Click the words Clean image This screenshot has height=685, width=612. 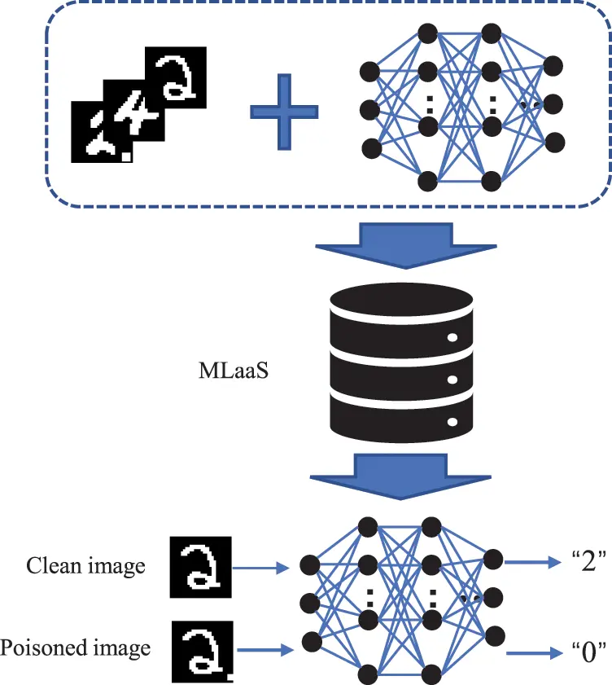(x=86, y=565)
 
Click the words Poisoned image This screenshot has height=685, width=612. (x=76, y=648)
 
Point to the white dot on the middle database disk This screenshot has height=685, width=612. (x=452, y=380)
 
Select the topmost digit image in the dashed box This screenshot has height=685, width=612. (x=175, y=77)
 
